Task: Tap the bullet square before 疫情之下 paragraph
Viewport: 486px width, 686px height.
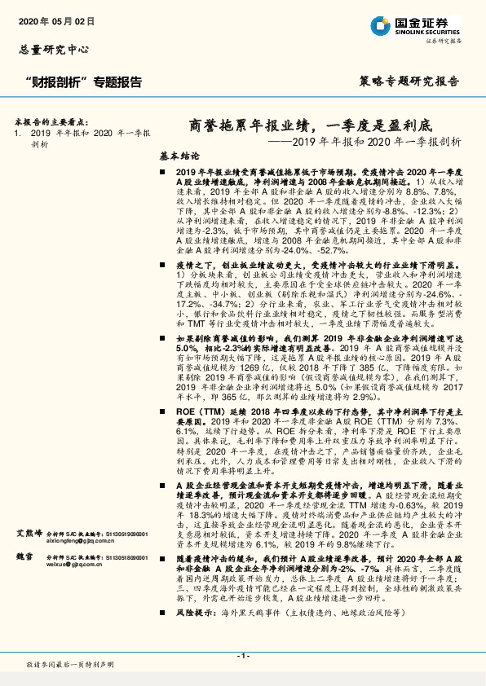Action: point(166,266)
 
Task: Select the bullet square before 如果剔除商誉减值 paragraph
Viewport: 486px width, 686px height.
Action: point(166,336)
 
